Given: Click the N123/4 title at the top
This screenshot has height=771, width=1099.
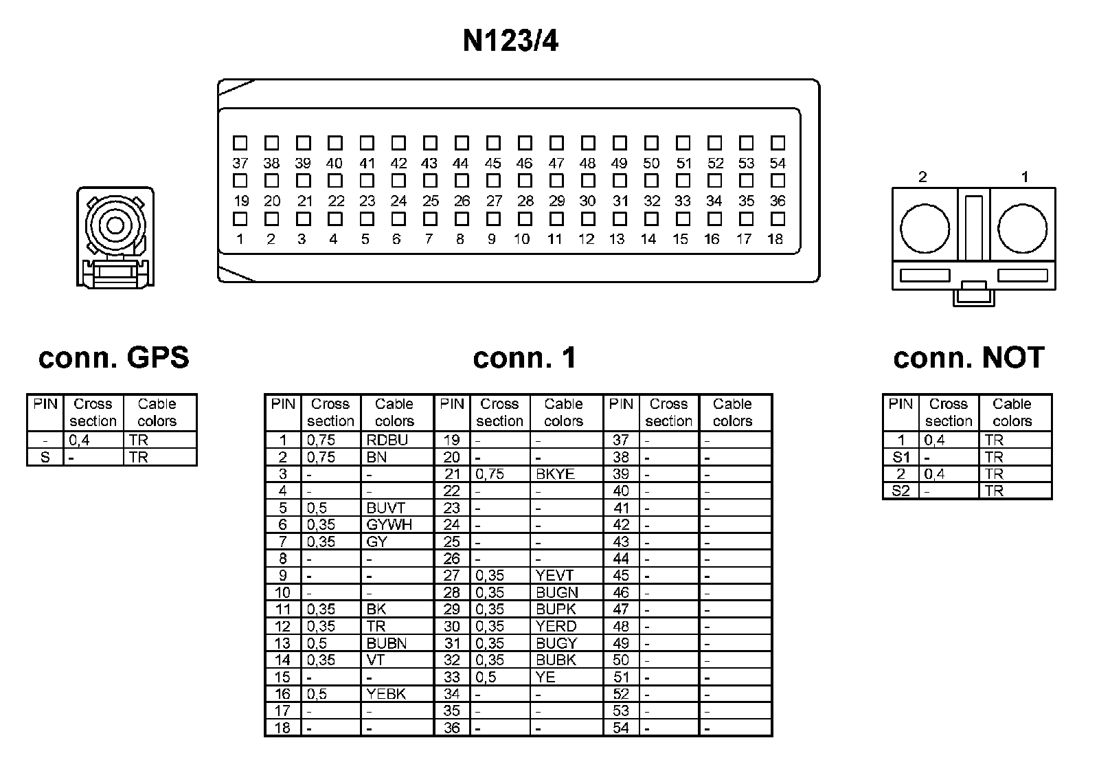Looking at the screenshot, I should pos(510,41).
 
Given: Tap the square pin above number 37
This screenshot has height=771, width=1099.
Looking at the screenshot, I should pos(240,143).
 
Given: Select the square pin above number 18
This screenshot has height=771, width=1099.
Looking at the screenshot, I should pos(778,219).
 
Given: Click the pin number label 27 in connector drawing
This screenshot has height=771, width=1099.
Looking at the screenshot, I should pos(494,201).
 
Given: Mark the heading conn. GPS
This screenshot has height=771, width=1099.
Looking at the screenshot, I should pos(113,357).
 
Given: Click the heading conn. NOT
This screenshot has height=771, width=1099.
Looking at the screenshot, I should pos(968,357).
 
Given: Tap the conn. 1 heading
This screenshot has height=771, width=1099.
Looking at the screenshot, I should pos(525,357).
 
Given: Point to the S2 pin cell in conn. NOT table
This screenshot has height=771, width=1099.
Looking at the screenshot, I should pos(900,491).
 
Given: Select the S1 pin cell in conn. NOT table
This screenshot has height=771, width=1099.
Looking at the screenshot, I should pos(900,457).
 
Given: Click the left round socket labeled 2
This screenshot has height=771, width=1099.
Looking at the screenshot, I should pos(925,227).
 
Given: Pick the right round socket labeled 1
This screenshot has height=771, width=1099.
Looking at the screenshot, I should pos(1022,227).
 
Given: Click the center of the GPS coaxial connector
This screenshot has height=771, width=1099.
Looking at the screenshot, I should pos(115,225).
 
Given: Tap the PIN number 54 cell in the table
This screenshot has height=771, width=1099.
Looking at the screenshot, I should pos(621,728).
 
